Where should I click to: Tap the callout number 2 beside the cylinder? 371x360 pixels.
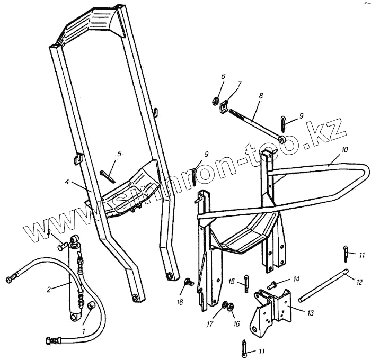click(x=48, y=289)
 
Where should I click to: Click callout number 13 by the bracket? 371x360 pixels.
click(x=310, y=313)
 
